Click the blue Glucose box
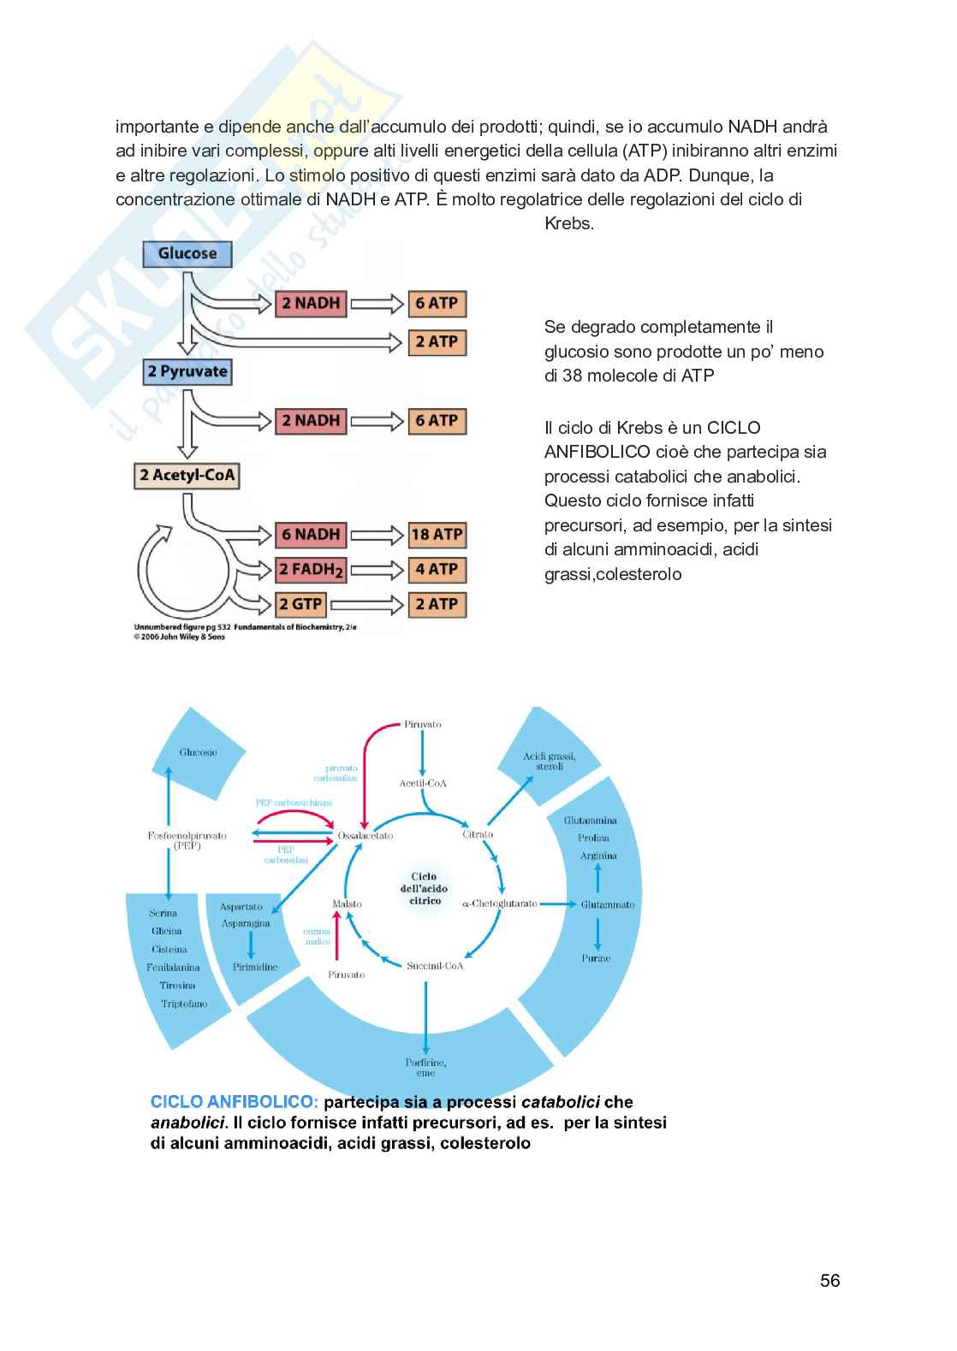coord(187,253)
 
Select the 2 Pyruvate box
coord(187,371)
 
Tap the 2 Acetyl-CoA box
coord(187,475)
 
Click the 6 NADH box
coord(311,535)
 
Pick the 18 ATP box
coord(437,535)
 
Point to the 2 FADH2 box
coord(311,569)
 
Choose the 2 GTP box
coord(300,604)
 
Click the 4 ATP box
coord(437,569)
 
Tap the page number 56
coord(829,1280)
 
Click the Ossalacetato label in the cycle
coord(366,835)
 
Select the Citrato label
coord(478,833)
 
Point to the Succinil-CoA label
coord(434,966)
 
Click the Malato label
coord(348,904)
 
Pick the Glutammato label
coord(608,904)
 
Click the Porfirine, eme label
coord(426,1068)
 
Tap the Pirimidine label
coord(255,967)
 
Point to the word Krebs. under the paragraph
coord(569,224)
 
